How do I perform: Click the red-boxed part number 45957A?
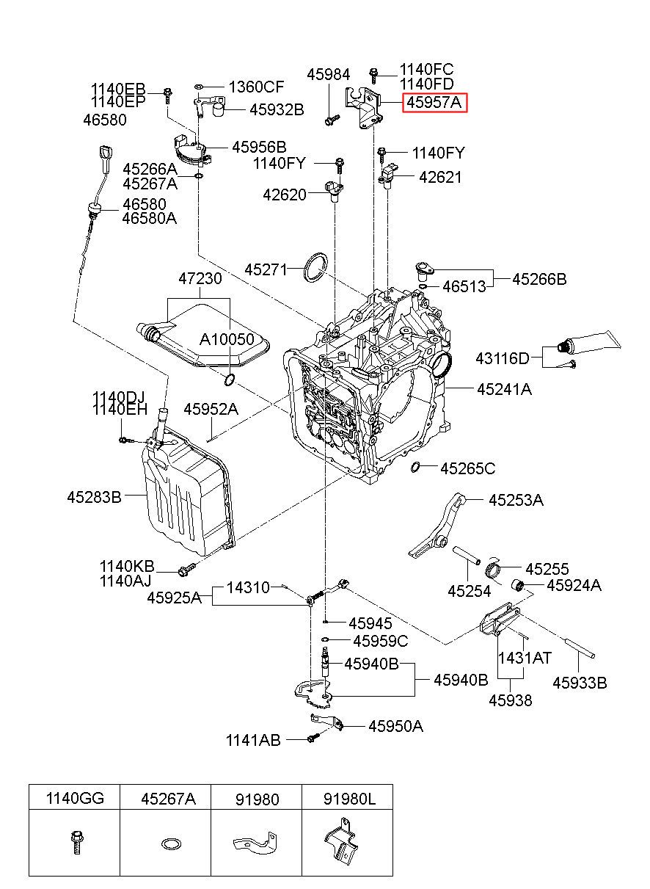(x=434, y=103)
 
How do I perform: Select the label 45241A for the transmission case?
(x=504, y=389)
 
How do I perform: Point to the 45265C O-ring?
(x=415, y=467)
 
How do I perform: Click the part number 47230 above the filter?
(x=200, y=279)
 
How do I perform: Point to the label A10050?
(x=227, y=339)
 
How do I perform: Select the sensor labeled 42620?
(x=334, y=191)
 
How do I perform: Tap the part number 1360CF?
(x=256, y=87)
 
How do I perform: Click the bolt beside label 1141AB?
(x=313, y=739)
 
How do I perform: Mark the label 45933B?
(x=580, y=683)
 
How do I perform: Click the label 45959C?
(x=380, y=641)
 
